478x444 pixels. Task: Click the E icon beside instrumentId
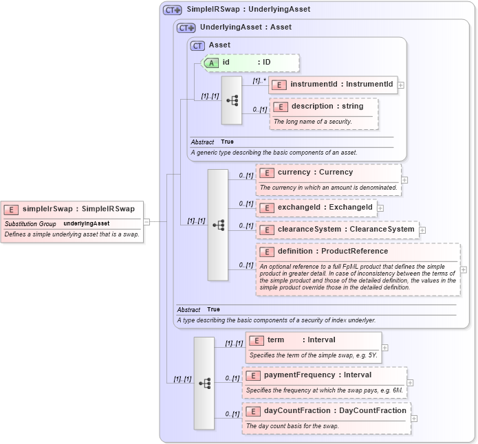[x=279, y=85]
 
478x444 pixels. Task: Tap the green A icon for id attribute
[x=213, y=63]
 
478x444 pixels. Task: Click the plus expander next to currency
[x=404, y=180]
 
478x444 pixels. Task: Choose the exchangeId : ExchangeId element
[x=325, y=207]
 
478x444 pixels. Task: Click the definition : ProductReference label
[x=332, y=252]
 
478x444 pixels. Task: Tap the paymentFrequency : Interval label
[x=317, y=375]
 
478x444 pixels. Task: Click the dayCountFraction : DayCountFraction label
[x=335, y=410]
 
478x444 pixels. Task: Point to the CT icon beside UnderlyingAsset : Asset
[x=186, y=27]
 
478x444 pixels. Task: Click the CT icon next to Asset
[x=198, y=45]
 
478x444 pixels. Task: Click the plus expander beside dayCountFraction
[x=414, y=418]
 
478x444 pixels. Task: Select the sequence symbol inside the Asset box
[x=232, y=100]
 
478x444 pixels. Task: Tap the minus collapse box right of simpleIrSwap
[x=146, y=221]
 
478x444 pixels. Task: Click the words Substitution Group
[x=30, y=223]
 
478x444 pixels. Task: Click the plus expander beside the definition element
[x=463, y=269]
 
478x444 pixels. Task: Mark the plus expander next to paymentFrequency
[x=410, y=383]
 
